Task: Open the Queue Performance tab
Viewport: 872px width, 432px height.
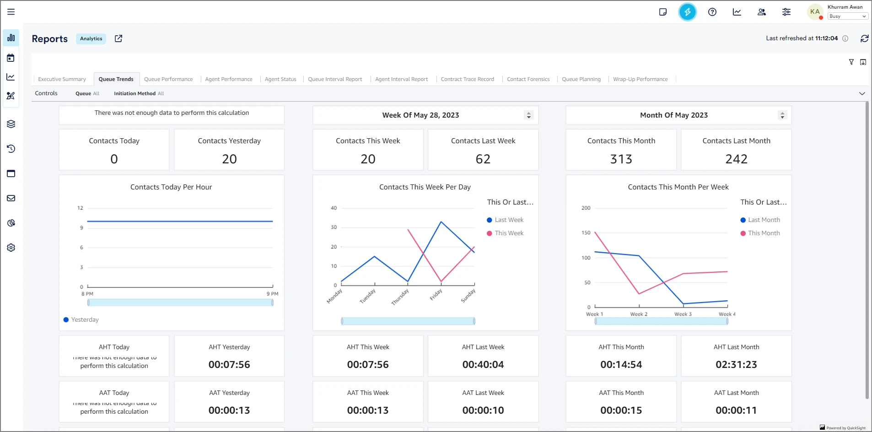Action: (168, 79)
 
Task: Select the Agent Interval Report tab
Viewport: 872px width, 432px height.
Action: (401, 79)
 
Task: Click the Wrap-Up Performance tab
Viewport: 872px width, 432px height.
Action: (640, 79)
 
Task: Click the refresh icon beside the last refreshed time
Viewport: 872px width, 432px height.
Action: (864, 38)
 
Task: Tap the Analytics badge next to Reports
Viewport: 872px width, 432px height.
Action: (91, 39)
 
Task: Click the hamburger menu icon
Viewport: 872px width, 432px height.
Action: (11, 12)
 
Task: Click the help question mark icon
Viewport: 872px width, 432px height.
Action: (712, 12)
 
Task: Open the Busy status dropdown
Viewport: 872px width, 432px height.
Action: (847, 16)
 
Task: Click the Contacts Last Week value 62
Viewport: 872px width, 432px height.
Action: (483, 159)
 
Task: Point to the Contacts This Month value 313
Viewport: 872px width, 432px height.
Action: (621, 159)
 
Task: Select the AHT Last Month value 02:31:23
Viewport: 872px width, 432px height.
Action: (736, 365)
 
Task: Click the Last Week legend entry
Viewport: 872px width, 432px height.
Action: (509, 220)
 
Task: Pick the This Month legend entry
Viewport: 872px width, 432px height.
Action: (764, 233)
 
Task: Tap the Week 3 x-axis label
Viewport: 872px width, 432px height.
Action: (683, 314)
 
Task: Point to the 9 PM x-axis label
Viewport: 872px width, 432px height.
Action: (272, 294)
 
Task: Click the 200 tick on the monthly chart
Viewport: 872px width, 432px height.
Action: (586, 208)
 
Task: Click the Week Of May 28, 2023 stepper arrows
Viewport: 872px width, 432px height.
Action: (529, 115)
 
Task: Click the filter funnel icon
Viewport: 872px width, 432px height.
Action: (851, 62)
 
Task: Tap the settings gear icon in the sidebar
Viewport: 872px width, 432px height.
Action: (11, 248)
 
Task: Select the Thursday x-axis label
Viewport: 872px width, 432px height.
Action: (400, 297)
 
